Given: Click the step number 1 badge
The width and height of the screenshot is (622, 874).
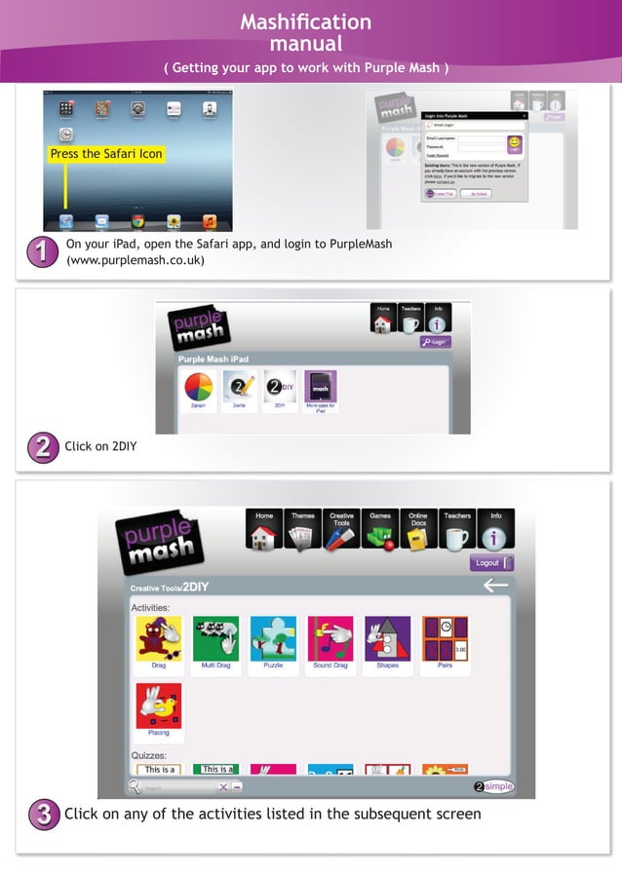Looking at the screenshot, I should [40, 251].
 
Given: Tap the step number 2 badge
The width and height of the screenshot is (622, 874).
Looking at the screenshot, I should [41, 448].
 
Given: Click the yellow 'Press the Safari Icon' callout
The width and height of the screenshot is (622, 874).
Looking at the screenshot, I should [106, 154].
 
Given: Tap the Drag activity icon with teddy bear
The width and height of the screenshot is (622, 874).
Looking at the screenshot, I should [159, 639].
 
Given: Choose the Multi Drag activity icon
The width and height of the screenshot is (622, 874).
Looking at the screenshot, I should [215, 639].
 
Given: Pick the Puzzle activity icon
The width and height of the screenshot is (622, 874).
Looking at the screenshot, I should [273, 639].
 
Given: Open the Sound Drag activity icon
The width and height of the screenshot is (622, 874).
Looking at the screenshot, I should [330, 639].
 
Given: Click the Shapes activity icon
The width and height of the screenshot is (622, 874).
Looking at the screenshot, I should [387, 639].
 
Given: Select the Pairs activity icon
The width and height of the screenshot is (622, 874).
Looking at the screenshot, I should [445, 639].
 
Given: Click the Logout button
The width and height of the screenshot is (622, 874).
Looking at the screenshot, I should [491, 563].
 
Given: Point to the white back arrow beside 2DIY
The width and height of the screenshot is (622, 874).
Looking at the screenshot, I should [495, 586].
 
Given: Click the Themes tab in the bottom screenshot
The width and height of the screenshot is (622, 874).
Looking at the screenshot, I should [303, 529].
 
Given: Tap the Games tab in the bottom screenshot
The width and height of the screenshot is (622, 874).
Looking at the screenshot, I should [379, 529].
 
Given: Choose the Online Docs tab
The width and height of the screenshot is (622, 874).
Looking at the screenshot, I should [417, 529].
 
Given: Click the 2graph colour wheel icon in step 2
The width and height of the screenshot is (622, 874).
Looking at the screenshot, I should [199, 389].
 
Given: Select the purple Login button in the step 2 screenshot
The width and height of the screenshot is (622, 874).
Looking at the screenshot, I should [436, 342].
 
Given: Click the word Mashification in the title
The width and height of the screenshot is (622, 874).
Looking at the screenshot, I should [305, 21].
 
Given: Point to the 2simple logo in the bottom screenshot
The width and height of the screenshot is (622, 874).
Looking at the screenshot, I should [493, 786].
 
